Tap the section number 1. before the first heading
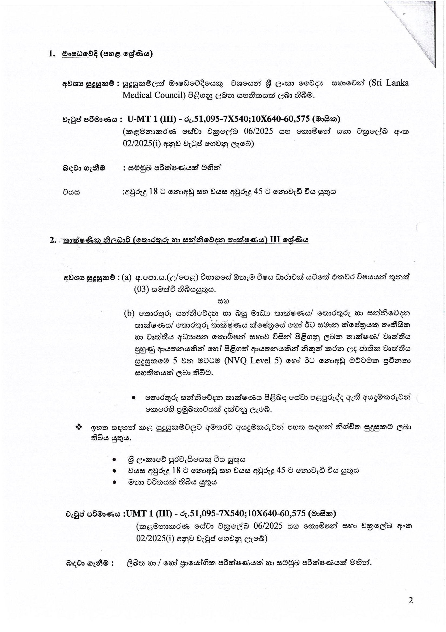click(52, 54)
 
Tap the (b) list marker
click(129, 313)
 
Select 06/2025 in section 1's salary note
click(258, 131)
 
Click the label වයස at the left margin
click(71, 192)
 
